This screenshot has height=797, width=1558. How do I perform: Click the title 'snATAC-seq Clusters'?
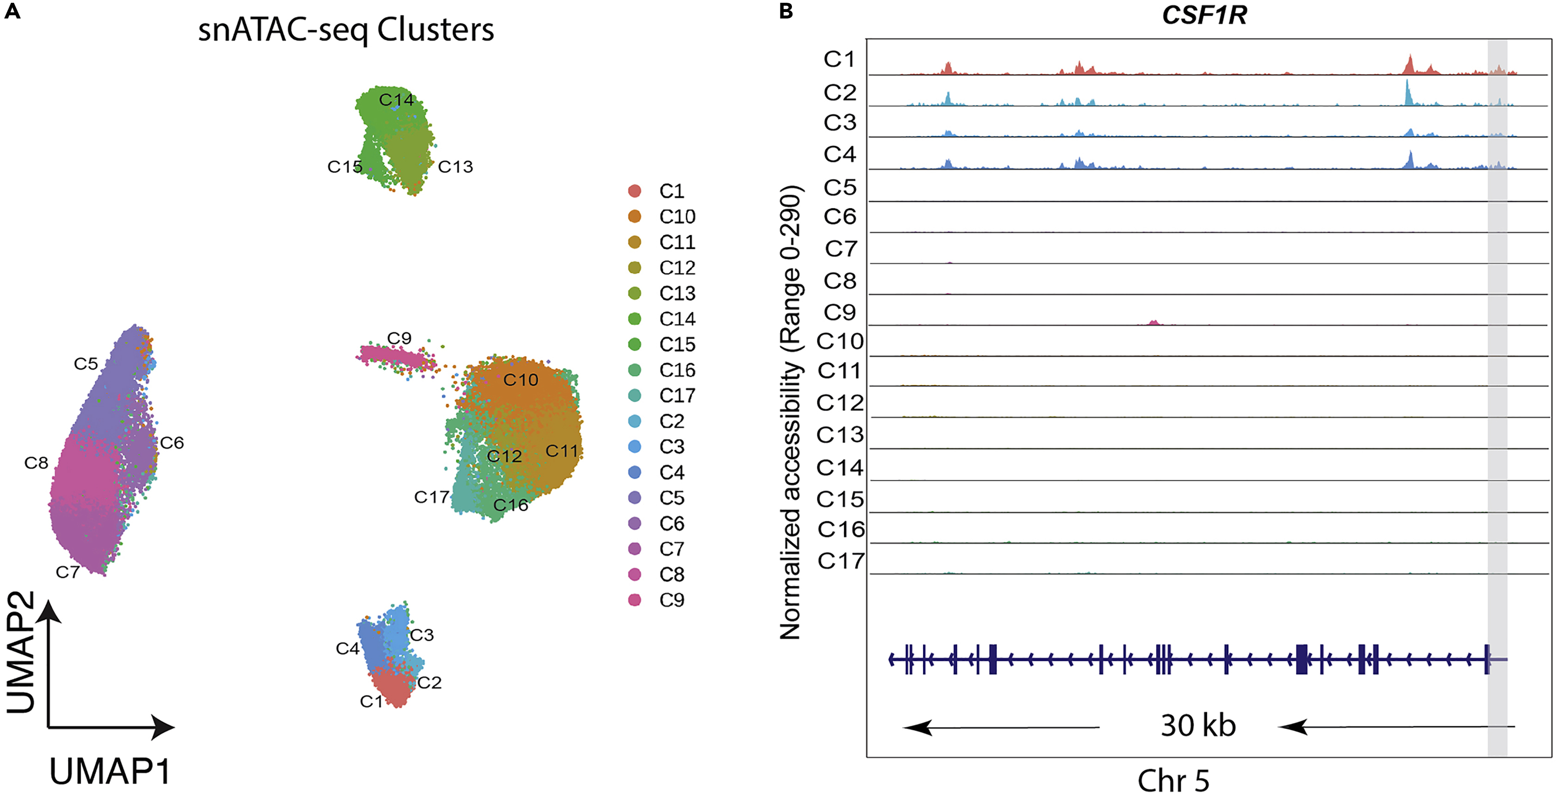point(346,30)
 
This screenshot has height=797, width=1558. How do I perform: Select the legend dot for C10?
point(634,216)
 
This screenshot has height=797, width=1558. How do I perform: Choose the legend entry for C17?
point(677,395)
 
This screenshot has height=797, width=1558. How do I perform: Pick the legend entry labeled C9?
point(671,600)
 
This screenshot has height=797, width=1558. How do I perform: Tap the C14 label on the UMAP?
point(396,100)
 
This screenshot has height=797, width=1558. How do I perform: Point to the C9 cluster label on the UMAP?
point(399,338)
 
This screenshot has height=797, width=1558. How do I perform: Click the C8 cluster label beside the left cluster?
point(36,463)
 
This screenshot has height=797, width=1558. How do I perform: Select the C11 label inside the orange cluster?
point(562,451)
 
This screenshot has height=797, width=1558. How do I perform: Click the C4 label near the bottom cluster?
point(347,649)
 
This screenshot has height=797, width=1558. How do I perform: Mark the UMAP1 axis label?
point(110,772)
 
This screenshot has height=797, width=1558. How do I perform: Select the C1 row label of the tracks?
point(840,59)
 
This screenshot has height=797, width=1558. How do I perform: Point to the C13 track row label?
point(840,435)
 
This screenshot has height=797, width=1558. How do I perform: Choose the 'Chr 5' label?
point(1173,780)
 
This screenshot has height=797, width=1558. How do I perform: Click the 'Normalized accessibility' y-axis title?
point(791,411)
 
